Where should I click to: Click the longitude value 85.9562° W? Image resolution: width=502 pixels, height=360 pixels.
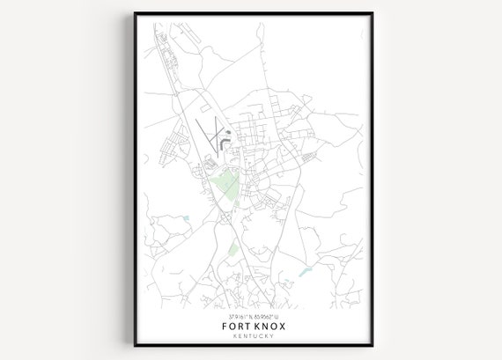(266, 315)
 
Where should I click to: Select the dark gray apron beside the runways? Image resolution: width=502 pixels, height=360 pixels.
(225, 138)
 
